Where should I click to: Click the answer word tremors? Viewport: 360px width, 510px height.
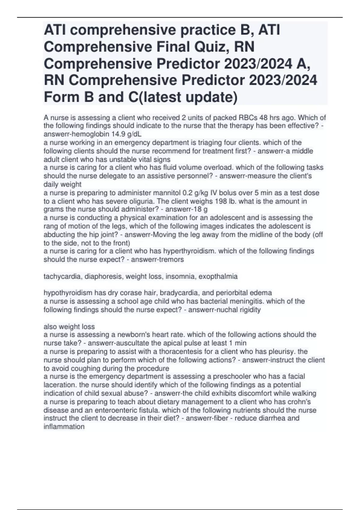tap(172, 259)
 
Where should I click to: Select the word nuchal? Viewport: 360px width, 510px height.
tap(225, 310)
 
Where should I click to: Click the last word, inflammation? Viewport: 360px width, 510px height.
tap(64, 427)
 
